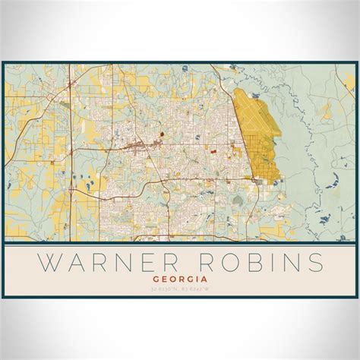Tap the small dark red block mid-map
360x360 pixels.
coord(162,136)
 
